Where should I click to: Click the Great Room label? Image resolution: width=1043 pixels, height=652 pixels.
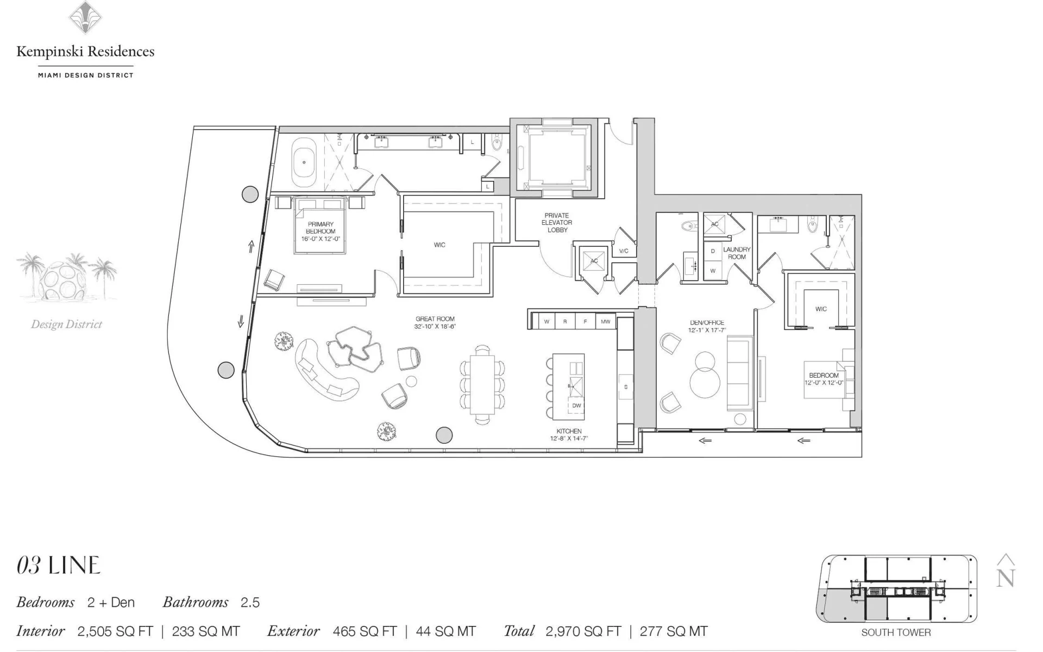(435, 323)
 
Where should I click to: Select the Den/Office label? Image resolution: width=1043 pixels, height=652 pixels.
(707, 326)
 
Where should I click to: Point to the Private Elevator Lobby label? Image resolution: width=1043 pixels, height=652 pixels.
(557, 223)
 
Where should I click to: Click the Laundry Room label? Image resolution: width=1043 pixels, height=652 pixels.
(737, 253)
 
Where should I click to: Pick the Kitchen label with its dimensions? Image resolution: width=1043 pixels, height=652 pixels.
(569, 435)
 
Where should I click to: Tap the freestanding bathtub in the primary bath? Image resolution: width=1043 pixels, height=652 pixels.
(304, 162)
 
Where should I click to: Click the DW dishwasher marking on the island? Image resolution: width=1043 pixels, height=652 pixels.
(576, 405)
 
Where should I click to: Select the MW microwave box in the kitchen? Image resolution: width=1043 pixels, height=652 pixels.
(605, 322)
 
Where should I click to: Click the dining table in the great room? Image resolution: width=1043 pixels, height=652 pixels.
(482, 384)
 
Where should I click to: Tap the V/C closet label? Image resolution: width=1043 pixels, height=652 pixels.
(624, 251)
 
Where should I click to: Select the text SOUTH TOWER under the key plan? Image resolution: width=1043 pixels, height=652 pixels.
(896, 632)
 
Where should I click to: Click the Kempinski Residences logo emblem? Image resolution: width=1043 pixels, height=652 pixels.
(85, 17)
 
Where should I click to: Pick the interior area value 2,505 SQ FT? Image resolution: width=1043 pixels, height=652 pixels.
(115, 631)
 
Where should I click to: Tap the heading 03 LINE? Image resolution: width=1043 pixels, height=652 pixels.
(59, 566)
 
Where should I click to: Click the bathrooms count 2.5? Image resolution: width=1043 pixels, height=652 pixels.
(250, 603)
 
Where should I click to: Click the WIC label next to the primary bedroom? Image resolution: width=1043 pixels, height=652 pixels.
(439, 245)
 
